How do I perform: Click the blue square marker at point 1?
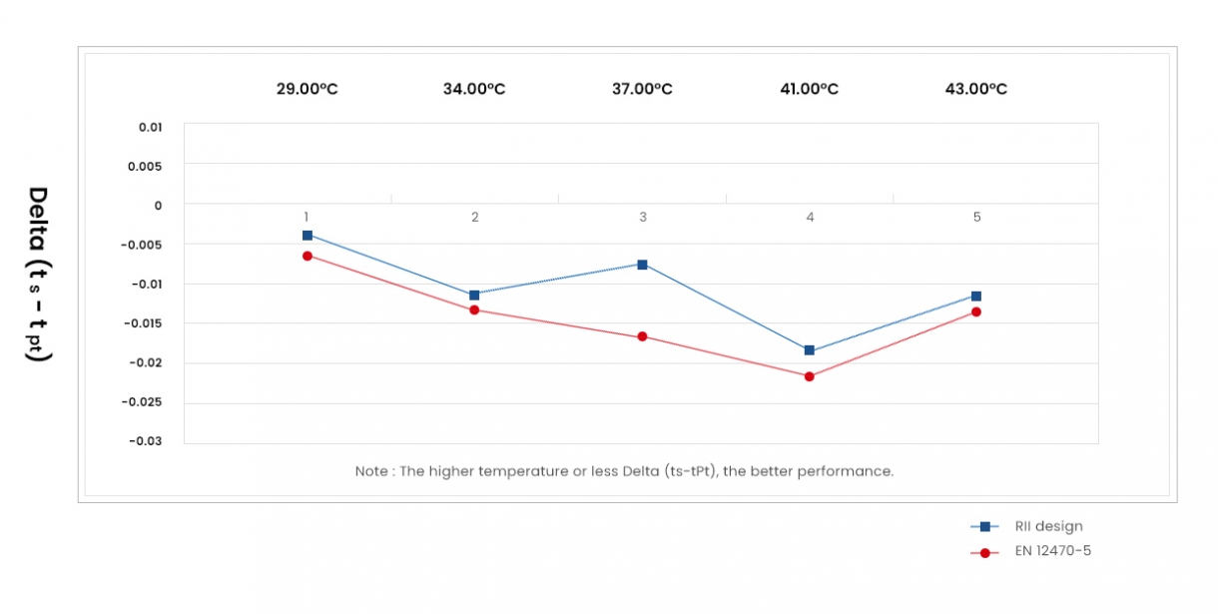[307, 236]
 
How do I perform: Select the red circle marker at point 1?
[307, 257]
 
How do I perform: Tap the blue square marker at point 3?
[642, 265]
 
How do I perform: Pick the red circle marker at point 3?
[642, 336]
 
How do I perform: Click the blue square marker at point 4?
[810, 350]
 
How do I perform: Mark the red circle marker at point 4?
[810, 376]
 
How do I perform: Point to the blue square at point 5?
[976, 297]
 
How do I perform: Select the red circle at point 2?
[474, 309]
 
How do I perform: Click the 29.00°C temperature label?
[307, 89]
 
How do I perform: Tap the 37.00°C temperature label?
[642, 89]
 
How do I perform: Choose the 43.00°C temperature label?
[976, 89]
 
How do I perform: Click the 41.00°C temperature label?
[810, 89]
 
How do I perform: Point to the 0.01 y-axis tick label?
[150, 127]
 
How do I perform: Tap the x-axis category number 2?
[475, 217]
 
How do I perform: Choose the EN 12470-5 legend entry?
[1052, 551]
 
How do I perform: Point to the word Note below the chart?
[371, 471]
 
